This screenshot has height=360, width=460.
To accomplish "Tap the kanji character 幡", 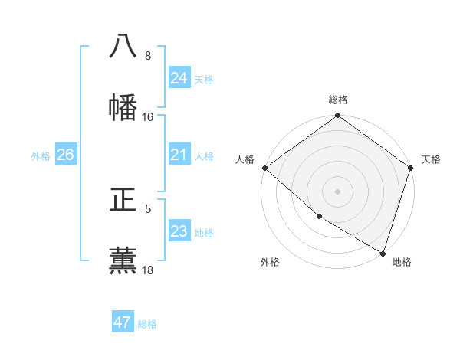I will click(x=123, y=107).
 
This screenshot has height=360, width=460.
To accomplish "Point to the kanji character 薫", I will click(x=123, y=260).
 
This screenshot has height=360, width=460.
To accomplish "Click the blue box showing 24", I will click(x=179, y=78).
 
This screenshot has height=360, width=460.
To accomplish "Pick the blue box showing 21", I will click(x=179, y=155).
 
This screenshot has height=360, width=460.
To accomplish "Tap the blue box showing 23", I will click(x=179, y=231).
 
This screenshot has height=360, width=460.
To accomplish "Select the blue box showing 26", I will click(x=65, y=155).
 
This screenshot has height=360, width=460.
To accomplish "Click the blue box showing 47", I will click(x=123, y=322).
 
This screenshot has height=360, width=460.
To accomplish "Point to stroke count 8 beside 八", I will click(x=148, y=56).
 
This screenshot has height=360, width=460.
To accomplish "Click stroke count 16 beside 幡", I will click(x=148, y=117).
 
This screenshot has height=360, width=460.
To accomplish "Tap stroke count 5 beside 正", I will click(x=148, y=208).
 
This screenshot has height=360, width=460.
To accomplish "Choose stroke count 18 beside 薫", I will click(x=148, y=270).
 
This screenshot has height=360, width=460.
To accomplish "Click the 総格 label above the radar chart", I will click(x=338, y=100).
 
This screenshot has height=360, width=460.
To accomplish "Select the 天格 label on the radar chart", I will click(x=431, y=159).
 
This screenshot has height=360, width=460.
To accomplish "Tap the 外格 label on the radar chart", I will click(x=270, y=262).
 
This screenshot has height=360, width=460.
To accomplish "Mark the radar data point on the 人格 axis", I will click(x=264, y=168).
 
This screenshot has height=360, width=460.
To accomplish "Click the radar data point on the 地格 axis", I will click(x=383, y=253).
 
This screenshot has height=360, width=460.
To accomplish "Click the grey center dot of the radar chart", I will click(x=338, y=191).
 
